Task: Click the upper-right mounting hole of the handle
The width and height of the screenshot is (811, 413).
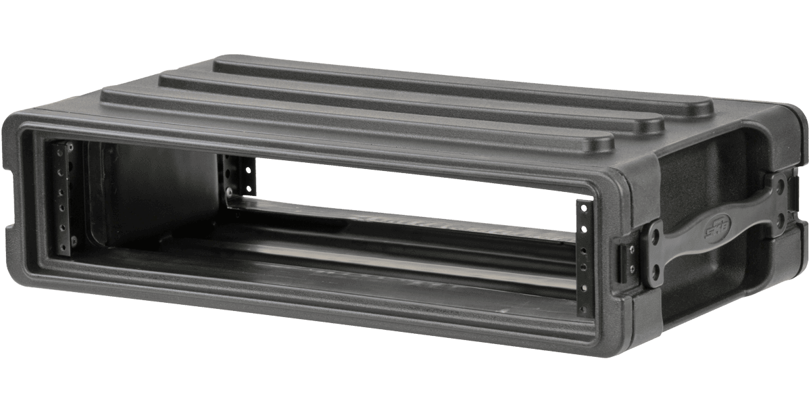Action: [x=782, y=183]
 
